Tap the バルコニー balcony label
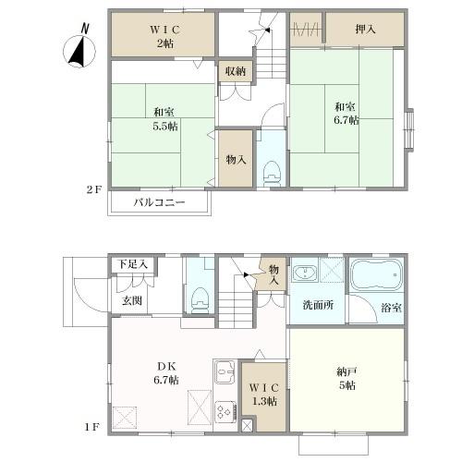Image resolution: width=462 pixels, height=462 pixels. click(160, 202)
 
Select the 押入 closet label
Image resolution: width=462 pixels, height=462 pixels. click(365, 30)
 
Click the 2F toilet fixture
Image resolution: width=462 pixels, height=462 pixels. click(272, 174)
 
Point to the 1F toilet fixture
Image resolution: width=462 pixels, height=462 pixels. click(200, 300)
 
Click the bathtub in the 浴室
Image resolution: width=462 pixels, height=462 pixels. click(377, 274)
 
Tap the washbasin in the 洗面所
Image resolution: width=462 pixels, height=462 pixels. click(305, 272)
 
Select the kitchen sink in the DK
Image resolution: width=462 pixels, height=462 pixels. click(225, 372)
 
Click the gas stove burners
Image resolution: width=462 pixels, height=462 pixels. click(225, 411)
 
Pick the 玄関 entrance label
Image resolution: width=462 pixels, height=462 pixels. click(132, 300)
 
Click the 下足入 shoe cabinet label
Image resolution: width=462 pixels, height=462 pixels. click(133, 264)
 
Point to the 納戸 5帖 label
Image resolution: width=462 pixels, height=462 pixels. click(346, 379)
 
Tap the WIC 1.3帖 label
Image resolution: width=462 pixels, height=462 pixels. click(264, 395)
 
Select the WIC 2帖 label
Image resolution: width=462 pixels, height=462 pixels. click(165, 37)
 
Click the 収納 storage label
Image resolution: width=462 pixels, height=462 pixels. click(236, 71)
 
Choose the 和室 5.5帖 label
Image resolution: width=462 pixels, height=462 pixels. click(165, 119)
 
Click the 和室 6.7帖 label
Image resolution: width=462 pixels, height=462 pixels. click(346, 114)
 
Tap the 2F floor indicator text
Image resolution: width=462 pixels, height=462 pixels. click(93, 189)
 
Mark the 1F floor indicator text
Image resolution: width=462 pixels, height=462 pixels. click(91, 427)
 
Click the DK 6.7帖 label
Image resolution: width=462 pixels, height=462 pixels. click(166, 373)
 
